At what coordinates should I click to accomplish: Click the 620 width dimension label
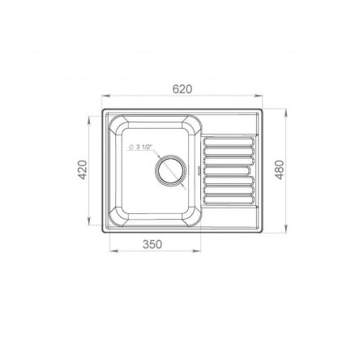[182, 89]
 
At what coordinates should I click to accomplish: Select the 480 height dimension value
[280, 170]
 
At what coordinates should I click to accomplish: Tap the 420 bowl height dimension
[83, 170]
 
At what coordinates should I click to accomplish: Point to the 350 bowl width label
[152, 244]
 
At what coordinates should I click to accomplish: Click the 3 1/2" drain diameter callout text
[141, 147]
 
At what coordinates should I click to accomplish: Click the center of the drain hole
[170, 170]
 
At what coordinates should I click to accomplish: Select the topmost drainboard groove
[229, 142]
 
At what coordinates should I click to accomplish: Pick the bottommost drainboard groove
[229, 199]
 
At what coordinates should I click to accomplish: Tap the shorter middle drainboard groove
[226, 170]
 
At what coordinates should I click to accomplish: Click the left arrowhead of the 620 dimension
[105, 96]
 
